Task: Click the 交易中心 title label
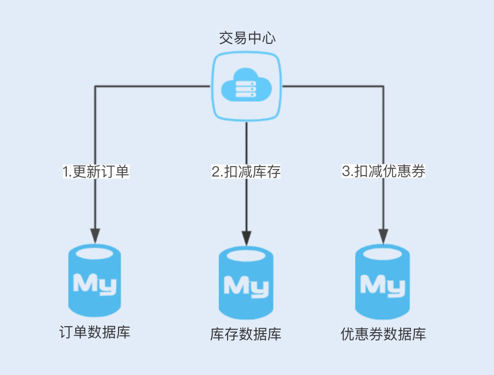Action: click(x=247, y=38)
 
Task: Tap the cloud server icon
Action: click(x=247, y=87)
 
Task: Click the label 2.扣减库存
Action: click(x=247, y=172)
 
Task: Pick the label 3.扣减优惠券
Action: click(x=383, y=171)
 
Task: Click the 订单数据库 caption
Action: click(x=95, y=332)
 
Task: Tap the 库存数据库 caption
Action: click(x=246, y=334)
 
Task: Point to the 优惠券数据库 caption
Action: click(x=383, y=334)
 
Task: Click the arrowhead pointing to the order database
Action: click(x=95, y=235)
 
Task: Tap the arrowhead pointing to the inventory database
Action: click(x=247, y=238)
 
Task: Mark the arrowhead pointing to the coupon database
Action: click(x=383, y=236)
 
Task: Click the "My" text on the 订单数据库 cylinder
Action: click(x=94, y=284)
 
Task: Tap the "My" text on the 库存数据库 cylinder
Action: click(x=246, y=287)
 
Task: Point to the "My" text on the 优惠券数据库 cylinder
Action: click(x=382, y=286)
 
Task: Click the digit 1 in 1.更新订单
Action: click(x=65, y=172)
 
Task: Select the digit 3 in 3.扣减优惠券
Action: click(x=346, y=171)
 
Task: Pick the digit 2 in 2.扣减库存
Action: click(x=216, y=172)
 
